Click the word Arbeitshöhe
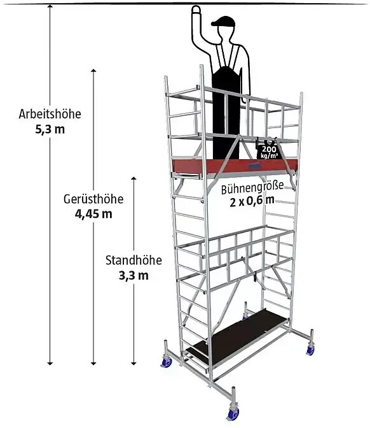[50, 114]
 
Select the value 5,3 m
[50, 129]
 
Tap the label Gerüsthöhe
[93, 199]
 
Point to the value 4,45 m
[93, 214]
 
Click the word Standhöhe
[134, 260]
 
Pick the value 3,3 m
[134, 275]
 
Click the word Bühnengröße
[252, 188]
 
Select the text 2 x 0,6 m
[252, 201]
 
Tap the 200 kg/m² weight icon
[269, 150]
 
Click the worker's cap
[224, 21]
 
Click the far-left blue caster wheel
[166, 362]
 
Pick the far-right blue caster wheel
[310, 350]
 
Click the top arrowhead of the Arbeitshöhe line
[50, 6]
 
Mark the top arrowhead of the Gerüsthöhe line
[93, 71]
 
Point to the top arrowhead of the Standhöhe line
[134, 178]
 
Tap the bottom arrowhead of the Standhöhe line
[134, 363]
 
